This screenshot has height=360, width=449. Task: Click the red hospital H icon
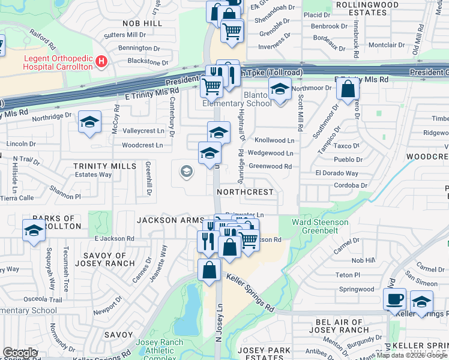(101, 61)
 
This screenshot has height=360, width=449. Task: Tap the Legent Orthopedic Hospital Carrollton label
(58, 62)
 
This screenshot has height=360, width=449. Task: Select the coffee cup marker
(394, 299)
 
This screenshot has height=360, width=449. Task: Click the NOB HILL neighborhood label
(142, 23)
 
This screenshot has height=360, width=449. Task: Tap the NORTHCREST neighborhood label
(245, 193)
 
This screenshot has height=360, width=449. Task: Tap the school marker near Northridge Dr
(89, 122)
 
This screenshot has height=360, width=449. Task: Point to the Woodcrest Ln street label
(142, 145)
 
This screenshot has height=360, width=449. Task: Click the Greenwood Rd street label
(270, 166)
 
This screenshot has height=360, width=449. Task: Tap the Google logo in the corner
(20, 353)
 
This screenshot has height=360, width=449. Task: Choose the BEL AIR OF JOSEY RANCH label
(342, 326)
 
